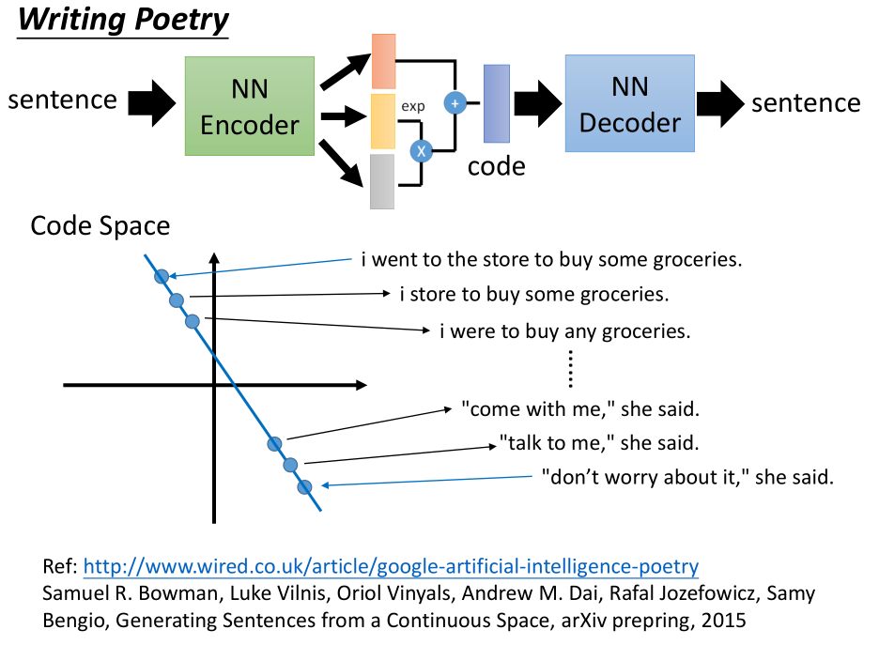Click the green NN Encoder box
[x=250, y=105]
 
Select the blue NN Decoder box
[x=629, y=103]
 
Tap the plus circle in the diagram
[x=455, y=103]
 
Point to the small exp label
[x=412, y=106]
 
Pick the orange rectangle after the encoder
[x=384, y=61]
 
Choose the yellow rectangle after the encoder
[x=383, y=121]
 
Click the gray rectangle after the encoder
[x=382, y=181]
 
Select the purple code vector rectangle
[x=497, y=103]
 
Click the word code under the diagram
[x=496, y=167]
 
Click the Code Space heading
[x=100, y=226]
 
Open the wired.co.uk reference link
[x=391, y=566]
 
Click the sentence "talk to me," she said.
[x=599, y=443]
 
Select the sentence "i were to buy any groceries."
[x=565, y=331]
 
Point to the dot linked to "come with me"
[x=274, y=443]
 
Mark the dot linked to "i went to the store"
[x=161, y=276]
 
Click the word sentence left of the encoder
[x=62, y=100]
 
